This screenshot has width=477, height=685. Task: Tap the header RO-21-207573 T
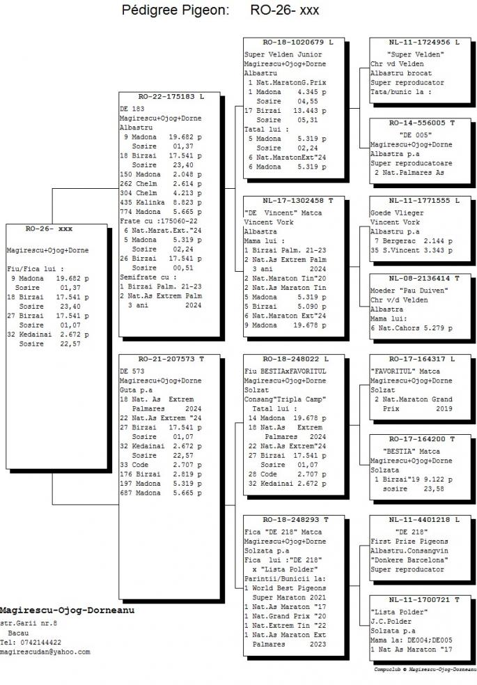171,358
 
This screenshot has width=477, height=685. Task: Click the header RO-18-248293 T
295,519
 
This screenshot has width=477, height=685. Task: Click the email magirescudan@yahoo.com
45,652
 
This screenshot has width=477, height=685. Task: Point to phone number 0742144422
39,642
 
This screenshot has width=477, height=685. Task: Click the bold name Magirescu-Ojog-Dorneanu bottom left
66,610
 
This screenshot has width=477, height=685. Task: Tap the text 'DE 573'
132,371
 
